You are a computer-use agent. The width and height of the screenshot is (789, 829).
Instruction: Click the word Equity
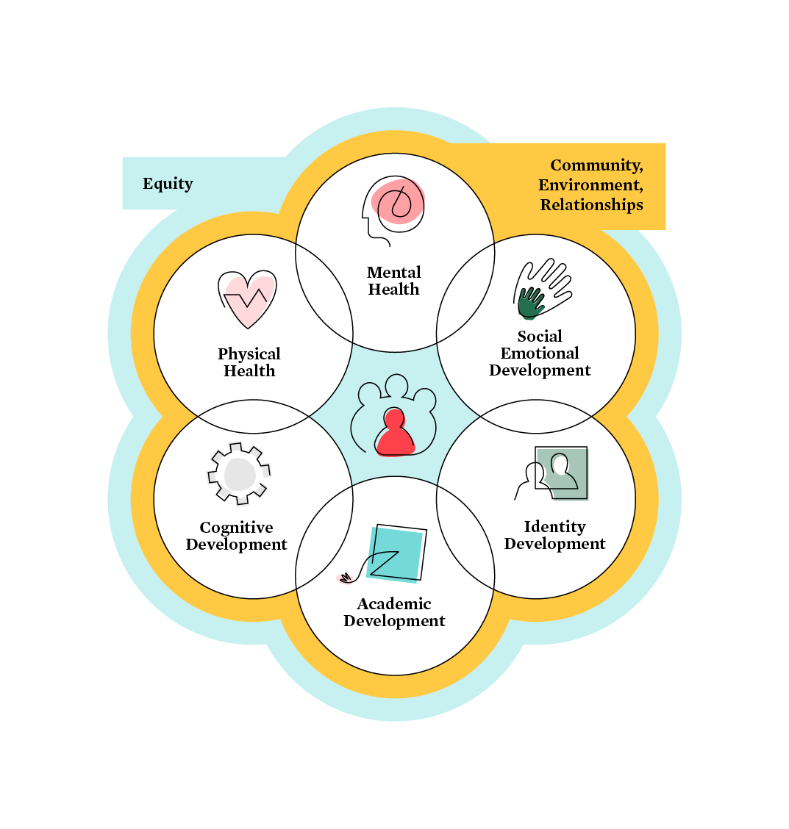click(x=168, y=184)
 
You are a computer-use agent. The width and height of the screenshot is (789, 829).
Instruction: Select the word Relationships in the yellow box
click(x=591, y=205)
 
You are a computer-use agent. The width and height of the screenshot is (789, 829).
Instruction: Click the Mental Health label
click(x=394, y=281)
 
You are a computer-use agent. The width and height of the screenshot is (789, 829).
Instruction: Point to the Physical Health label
click(x=249, y=362)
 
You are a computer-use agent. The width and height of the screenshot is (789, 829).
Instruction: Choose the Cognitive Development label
click(x=236, y=536)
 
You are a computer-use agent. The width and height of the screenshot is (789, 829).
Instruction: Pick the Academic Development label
click(x=394, y=612)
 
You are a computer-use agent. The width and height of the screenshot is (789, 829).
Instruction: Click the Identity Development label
click(x=554, y=535)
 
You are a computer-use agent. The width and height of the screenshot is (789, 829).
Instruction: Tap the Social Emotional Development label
click(x=540, y=354)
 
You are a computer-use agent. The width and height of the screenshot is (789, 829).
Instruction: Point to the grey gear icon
click(x=239, y=474)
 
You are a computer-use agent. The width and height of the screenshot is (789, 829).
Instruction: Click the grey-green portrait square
click(x=562, y=473)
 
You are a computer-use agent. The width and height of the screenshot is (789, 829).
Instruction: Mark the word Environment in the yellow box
click(x=590, y=185)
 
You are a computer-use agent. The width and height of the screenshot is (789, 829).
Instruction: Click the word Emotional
click(x=540, y=354)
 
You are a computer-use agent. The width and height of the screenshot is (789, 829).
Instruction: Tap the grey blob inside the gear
click(x=239, y=474)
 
